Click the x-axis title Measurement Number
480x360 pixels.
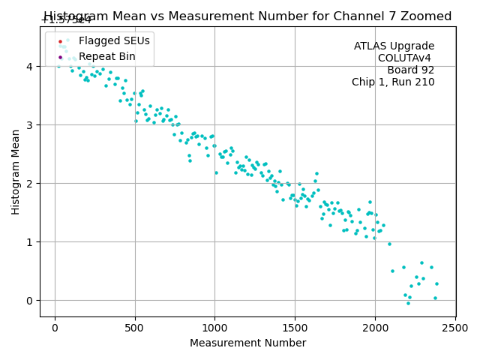coord(247,343)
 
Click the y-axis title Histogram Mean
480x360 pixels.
coord(16,172)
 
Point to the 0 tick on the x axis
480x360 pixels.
coord(55,327)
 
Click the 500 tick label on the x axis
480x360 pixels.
coord(135,327)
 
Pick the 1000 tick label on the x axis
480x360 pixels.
coord(214,327)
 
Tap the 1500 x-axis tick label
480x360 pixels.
coord(295,327)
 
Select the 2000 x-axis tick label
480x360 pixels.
coord(375,327)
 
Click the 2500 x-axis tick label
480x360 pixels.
coord(455,327)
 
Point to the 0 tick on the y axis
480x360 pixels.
coord(31,301)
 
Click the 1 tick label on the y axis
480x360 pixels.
coord(31,242)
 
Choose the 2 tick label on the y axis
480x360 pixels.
coord(31,184)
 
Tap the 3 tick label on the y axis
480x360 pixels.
coord(31,125)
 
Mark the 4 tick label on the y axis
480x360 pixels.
coord(31,67)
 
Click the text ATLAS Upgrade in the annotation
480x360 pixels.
coord(394,46)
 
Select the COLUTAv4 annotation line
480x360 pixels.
coord(406,58)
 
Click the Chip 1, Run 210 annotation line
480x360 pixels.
coord(393,82)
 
